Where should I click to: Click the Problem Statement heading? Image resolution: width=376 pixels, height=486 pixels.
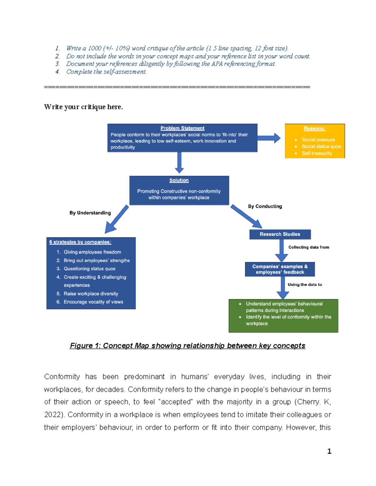pos(182,128)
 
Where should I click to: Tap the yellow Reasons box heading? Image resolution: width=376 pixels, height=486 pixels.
pos(314,129)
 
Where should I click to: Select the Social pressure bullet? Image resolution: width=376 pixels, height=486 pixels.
pos(318,140)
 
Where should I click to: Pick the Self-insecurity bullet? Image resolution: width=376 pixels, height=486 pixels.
pos(316,153)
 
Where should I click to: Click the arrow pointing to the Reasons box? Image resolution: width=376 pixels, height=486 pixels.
pos(269,138)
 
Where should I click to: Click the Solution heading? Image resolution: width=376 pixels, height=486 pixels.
pos(179,181)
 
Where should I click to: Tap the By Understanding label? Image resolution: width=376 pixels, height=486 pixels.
pos(90,213)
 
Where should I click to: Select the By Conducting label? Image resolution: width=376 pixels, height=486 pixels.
pos(265,207)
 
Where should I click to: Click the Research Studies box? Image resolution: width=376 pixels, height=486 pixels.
pos(280,234)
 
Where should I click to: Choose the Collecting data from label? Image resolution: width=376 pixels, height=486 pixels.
pos(309,247)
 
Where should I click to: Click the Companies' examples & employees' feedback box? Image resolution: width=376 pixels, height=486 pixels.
pos(280,269)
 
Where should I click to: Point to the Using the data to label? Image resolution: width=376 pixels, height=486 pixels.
pos(305,285)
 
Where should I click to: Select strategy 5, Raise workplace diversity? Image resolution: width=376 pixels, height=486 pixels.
pos(91,294)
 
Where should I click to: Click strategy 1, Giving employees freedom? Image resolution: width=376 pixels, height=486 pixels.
pos(92,252)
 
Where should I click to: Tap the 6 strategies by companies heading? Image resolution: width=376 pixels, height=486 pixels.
pos(80,242)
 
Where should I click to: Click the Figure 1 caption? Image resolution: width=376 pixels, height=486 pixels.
pos(187,346)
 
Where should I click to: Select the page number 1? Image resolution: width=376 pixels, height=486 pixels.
pos(329,451)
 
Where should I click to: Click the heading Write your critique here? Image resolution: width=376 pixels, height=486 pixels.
pos(83,107)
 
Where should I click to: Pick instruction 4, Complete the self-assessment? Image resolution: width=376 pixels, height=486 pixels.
pos(106,72)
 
